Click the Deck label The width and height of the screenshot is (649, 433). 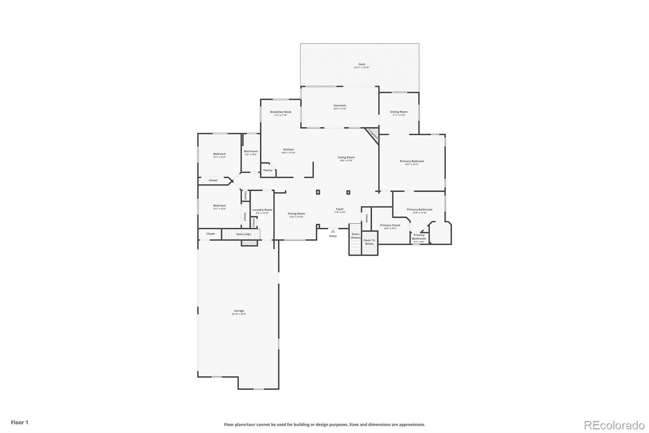(361, 64)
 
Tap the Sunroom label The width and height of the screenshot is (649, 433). (340, 106)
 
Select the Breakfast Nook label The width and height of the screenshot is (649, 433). (281, 112)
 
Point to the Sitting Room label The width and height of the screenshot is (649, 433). (399, 112)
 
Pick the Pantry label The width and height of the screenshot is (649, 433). (268, 170)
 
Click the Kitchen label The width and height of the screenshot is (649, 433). (288, 149)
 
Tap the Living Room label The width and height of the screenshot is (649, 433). (346, 158)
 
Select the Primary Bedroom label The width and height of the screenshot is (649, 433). (412, 161)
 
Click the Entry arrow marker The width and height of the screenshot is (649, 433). (333, 231)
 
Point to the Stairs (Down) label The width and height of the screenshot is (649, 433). (355, 236)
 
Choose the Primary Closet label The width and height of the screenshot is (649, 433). (390, 225)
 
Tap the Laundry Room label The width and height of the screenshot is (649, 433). (262, 210)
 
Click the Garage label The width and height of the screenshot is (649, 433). (239, 311)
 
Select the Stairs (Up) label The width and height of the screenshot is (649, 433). (243, 234)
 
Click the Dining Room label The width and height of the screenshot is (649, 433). (296, 214)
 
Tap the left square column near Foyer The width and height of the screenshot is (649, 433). (318, 192)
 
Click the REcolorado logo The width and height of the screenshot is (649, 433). (614, 425)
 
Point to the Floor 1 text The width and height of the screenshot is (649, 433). (19, 422)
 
